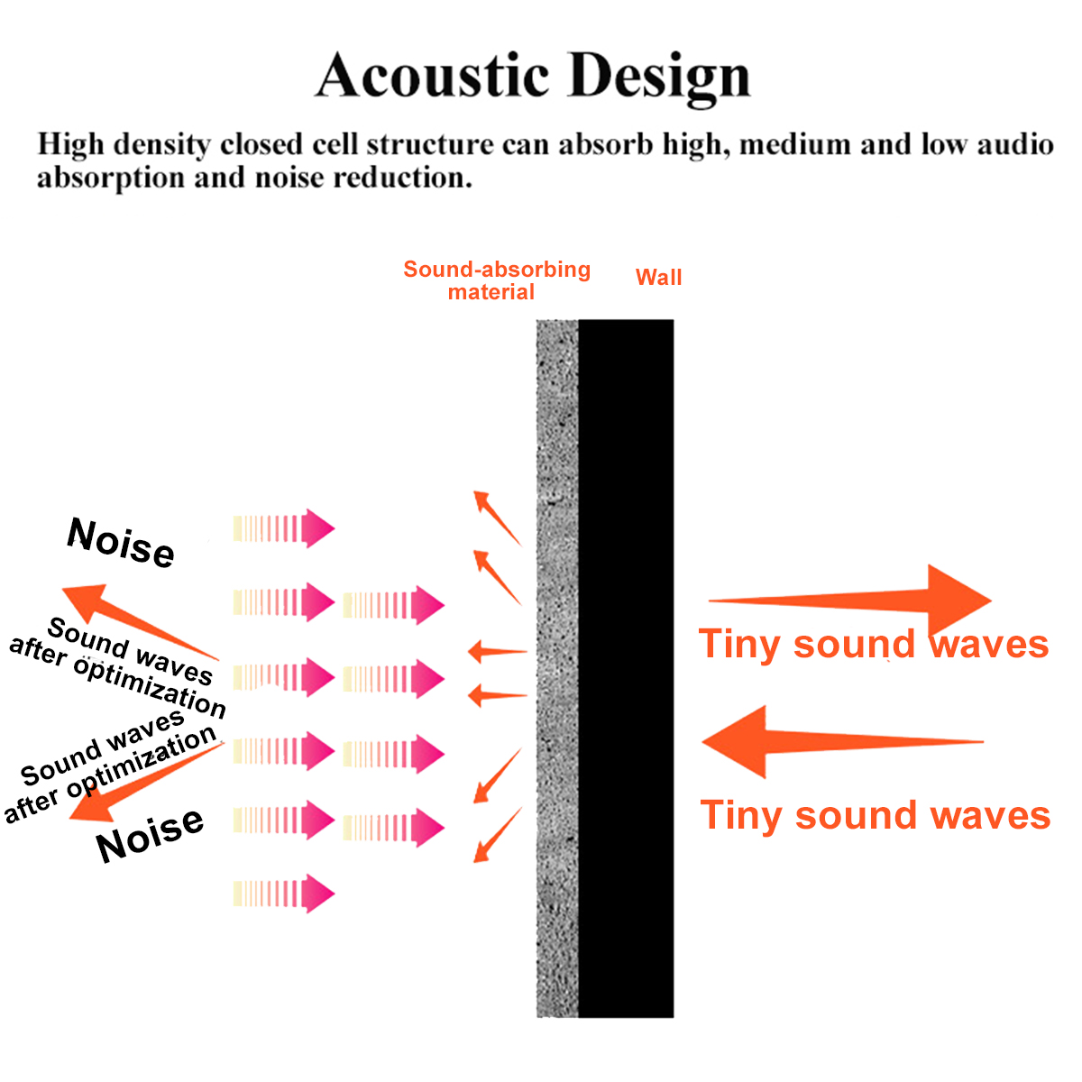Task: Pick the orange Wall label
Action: [658, 278]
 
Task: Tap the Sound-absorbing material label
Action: [496, 280]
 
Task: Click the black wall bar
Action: [626, 667]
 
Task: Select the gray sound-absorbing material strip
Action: [557, 667]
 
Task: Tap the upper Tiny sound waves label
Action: [873, 645]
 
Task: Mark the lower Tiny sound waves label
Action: [875, 815]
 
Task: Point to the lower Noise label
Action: [150, 834]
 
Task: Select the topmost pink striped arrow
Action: [284, 528]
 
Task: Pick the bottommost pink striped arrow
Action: [284, 894]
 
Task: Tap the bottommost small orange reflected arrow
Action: [498, 835]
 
